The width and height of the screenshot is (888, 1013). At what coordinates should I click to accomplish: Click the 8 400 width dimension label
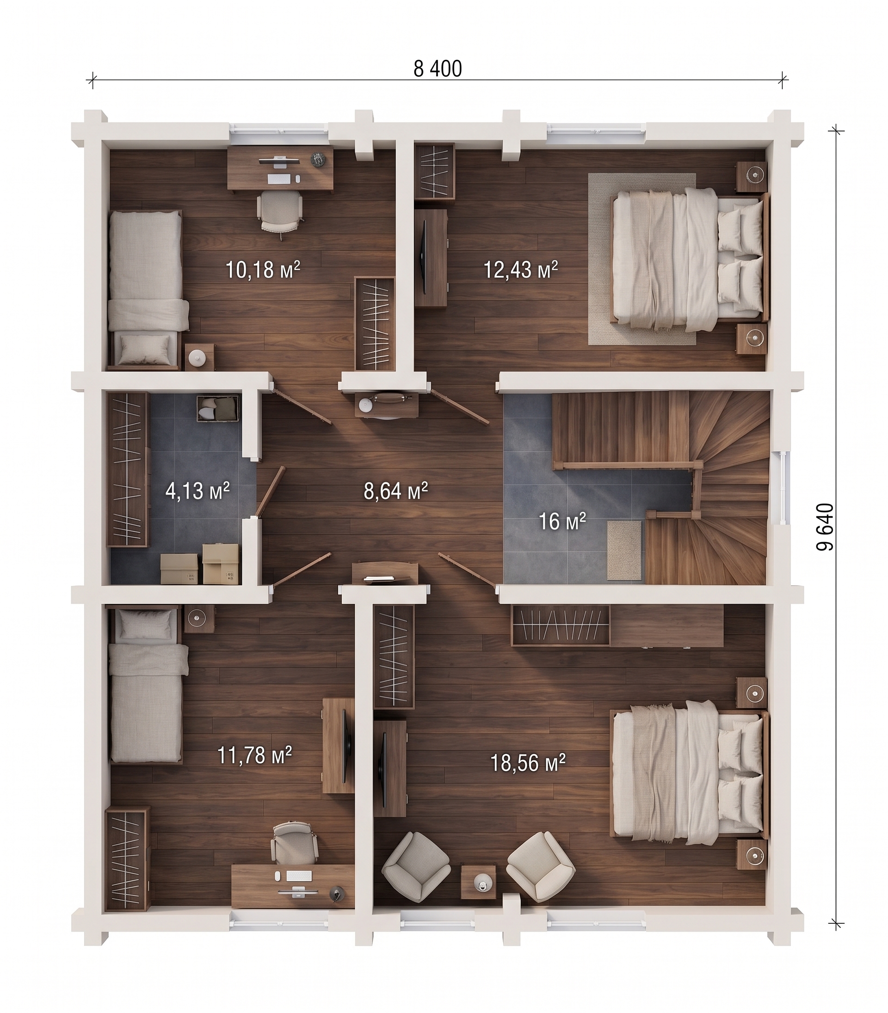point(438,69)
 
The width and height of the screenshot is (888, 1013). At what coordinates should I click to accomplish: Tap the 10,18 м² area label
point(263,270)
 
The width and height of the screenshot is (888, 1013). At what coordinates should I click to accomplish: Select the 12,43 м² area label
point(521,270)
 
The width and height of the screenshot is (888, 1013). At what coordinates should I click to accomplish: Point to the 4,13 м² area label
point(197,491)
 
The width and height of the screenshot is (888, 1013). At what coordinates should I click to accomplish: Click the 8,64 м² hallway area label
point(395,491)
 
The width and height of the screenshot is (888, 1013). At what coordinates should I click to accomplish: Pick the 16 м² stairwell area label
point(562,521)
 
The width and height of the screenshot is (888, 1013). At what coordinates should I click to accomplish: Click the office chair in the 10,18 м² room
point(280,213)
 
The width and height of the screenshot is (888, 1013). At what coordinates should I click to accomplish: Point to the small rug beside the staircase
point(625,550)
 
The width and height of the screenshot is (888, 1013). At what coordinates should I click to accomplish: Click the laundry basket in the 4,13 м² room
point(217,408)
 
